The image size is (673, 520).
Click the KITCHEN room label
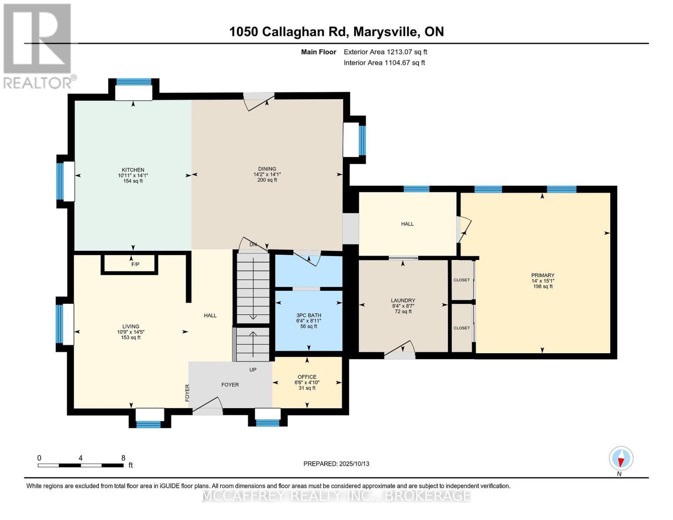[133, 170]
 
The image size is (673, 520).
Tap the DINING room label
[267, 169]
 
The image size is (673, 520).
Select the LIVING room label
[130, 326]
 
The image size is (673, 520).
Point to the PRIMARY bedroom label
[543, 275]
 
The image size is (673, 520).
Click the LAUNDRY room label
[403, 300]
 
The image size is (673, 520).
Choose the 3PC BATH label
[309, 315]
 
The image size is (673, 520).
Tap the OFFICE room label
[307, 377]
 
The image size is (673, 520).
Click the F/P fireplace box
[135, 264]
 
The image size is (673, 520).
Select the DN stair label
[253, 244]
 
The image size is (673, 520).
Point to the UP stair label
[253, 370]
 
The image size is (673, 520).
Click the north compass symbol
[621, 458]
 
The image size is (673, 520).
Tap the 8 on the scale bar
[123, 458]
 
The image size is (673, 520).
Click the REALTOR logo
[38, 45]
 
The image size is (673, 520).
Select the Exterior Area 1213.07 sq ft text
[385, 52]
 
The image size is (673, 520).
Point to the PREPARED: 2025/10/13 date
[336, 464]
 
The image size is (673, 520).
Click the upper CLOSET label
[462, 280]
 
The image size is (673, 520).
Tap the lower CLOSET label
[462, 328]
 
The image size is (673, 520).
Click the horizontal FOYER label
[230, 385]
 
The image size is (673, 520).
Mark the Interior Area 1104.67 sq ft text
[384, 63]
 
